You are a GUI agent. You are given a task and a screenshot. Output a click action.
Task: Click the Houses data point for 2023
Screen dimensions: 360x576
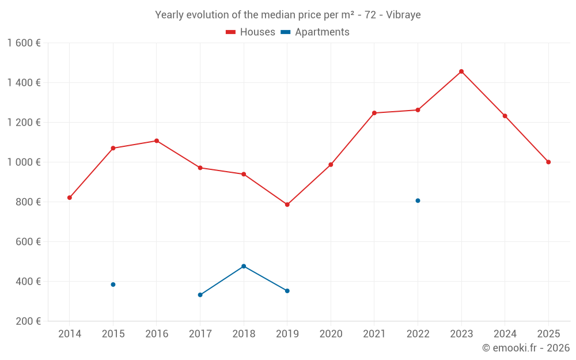click(x=461, y=71)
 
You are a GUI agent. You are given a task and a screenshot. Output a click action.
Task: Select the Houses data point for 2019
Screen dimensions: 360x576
click(x=287, y=204)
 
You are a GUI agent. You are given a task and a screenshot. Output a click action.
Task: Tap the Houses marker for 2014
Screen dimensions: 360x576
click(x=70, y=198)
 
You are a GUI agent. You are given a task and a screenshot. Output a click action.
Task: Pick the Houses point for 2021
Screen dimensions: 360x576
click(x=374, y=113)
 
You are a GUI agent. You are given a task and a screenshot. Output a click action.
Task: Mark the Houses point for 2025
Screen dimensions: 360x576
click(x=548, y=162)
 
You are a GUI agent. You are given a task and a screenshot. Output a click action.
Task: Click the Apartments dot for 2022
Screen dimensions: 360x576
click(x=418, y=200)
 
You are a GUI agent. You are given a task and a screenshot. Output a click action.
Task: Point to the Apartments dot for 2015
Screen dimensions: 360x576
click(x=113, y=285)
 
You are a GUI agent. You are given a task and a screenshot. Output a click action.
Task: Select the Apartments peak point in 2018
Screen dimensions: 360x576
click(x=244, y=266)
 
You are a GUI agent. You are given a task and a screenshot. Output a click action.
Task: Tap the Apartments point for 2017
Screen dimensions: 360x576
click(x=200, y=295)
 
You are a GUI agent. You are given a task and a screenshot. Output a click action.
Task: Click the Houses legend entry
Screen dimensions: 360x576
click(x=251, y=32)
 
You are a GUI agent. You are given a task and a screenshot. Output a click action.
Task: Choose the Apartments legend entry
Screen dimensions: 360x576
click(x=315, y=32)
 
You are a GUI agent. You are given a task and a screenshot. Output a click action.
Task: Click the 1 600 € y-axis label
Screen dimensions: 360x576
click(x=24, y=43)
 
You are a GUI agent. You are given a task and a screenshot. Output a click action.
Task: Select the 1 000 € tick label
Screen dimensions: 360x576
click(x=24, y=162)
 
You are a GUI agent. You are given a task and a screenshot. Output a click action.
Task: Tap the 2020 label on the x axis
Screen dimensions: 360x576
click(x=331, y=334)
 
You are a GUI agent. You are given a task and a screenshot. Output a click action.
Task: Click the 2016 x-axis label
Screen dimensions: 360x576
click(x=157, y=334)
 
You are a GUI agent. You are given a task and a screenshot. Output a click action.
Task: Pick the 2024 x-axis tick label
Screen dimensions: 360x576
click(x=505, y=334)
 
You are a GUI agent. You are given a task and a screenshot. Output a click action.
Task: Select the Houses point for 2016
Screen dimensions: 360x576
click(x=157, y=141)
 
